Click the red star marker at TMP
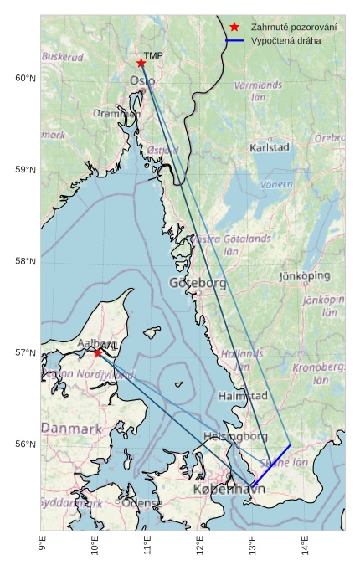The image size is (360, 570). pyautogui.click(x=141, y=63)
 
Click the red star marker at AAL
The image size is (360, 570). pyautogui.click(x=97, y=352)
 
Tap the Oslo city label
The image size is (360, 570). pyautogui.click(x=141, y=81)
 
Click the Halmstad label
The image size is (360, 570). pyautogui.click(x=242, y=395)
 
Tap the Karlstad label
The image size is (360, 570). pyautogui.click(x=270, y=147)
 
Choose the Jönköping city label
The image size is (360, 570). pyautogui.click(x=304, y=275)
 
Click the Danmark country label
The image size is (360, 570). pyautogui.click(x=71, y=429)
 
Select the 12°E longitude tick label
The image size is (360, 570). pyautogui.click(x=199, y=545)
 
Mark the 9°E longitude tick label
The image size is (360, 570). pyautogui.click(x=42, y=545)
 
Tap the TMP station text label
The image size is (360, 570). pyautogui.click(x=153, y=56)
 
